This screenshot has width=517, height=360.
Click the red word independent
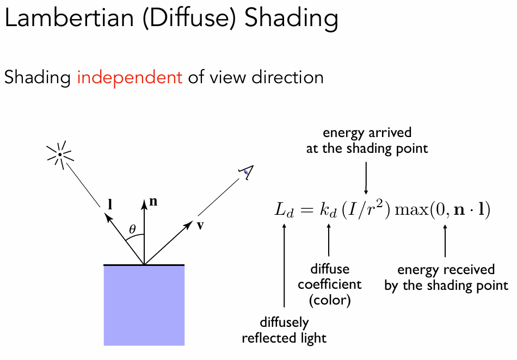(130, 78)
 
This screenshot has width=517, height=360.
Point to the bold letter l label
(110, 205)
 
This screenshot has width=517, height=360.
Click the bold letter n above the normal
(153, 202)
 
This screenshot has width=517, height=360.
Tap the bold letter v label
(200, 225)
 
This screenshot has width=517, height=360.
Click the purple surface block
(144, 305)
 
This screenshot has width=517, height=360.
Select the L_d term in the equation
(284, 210)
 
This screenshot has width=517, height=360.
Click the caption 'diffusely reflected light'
(284, 331)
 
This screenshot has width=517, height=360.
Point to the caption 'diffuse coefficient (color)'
(329, 284)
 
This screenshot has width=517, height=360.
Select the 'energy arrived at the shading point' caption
(367, 140)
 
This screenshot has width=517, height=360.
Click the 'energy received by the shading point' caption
(446, 278)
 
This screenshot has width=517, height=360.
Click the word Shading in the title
(291, 18)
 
